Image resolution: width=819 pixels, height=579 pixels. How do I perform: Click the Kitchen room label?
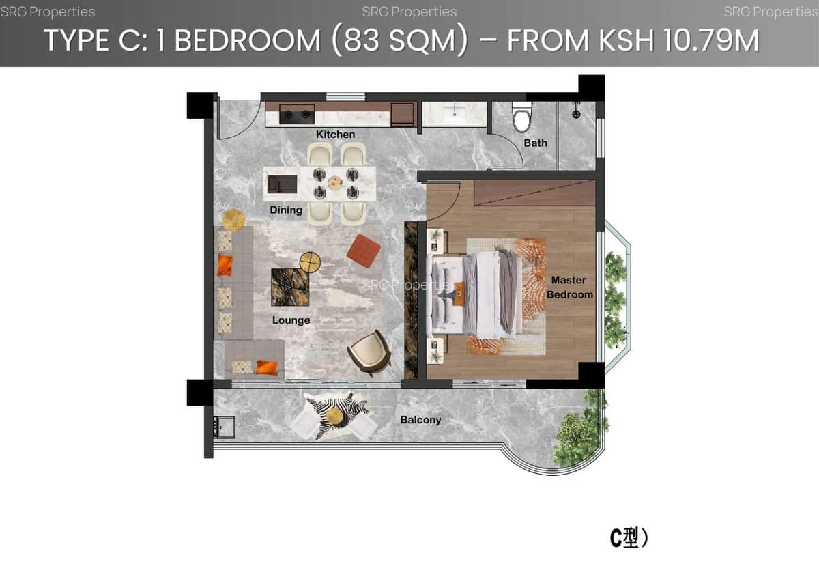point(335,135)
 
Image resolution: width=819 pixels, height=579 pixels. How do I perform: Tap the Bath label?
point(535,143)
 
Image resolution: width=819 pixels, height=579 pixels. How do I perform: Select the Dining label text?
point(286,210)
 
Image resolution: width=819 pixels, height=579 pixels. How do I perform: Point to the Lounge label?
point(291,320)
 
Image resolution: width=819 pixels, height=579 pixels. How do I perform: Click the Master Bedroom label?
point(569,287)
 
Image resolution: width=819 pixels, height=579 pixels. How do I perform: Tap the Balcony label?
point(420,420)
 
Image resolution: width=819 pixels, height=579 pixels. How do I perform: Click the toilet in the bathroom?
point(522,117)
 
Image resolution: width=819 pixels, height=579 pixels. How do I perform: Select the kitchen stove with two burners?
point(297,114)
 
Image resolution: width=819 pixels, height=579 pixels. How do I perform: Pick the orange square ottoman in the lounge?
point(363,251)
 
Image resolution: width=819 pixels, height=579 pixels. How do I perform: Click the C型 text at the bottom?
point(628,538)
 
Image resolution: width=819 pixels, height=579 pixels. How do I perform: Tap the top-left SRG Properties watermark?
point(48,12)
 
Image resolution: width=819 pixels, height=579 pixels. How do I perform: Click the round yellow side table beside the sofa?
point(233,219)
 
